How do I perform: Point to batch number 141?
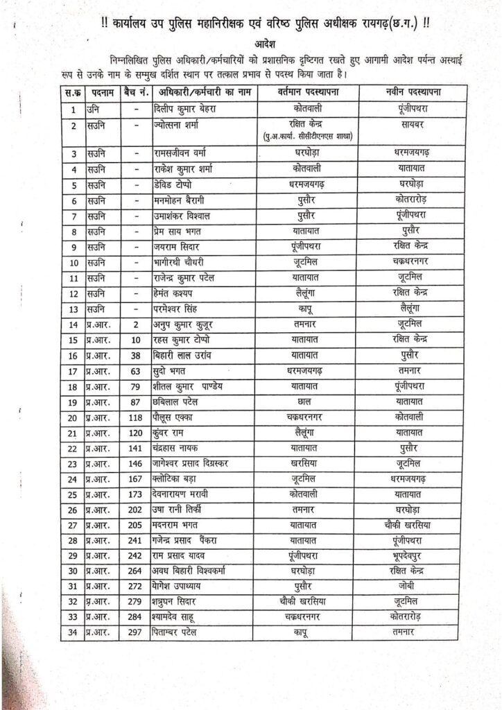point(137,449)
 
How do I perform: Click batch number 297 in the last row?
point(137,632)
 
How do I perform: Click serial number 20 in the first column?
point(73,417)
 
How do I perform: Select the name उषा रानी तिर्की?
point(180,510)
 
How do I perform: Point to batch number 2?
point(137,324)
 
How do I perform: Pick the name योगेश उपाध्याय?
point(180,586)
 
